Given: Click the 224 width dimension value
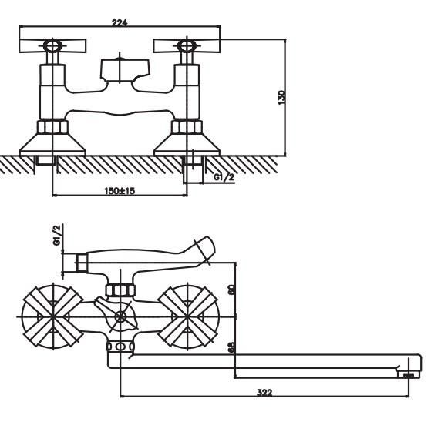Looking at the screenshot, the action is tap(120, 22).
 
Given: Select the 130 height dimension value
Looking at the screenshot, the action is tap(281, 97).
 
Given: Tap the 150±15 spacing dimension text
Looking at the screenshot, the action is tap(120, 190).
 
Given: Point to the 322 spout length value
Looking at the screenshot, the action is tap(264, 392).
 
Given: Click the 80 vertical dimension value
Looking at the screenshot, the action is tap(232, 290).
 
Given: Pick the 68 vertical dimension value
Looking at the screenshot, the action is tap(232, 347).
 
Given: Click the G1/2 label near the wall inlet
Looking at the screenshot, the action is tap(224, 177).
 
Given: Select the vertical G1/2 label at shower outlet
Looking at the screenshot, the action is tap(57, 236).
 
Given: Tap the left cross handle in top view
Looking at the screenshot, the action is tap(52, 46).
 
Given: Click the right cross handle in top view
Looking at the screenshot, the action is tap(187, 46).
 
